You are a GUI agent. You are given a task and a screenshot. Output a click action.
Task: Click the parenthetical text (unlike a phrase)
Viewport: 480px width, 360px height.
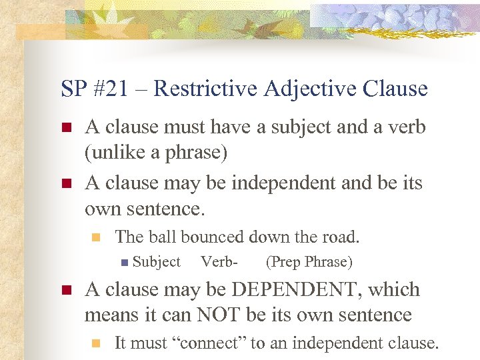[156, 152]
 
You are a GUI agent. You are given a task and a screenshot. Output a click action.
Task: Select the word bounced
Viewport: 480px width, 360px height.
[213, 236]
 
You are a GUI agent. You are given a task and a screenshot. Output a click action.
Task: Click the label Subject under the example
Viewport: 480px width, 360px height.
[157, 262]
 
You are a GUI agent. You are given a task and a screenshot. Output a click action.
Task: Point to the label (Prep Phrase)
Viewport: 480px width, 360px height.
[309, 262]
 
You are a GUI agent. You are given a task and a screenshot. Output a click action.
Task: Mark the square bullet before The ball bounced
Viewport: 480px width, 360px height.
[95, 237]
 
